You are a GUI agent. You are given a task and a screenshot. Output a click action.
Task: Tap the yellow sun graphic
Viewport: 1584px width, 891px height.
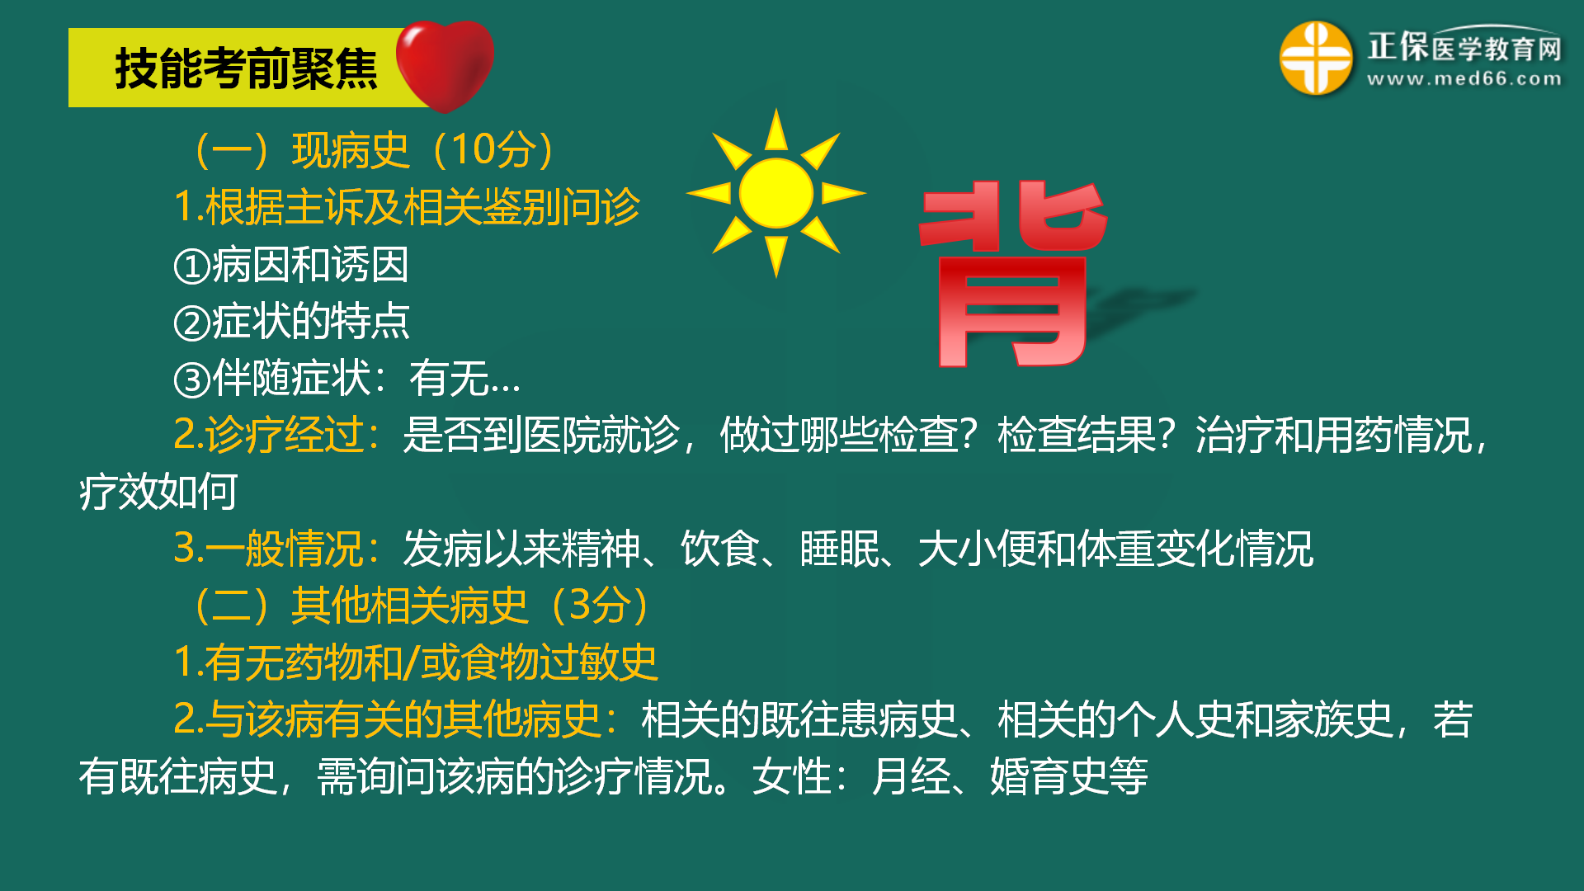[775, 193]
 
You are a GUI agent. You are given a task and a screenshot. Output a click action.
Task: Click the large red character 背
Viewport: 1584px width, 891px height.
[1013, 274]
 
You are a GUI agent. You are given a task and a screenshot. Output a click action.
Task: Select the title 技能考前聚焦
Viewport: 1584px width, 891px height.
[246, 68]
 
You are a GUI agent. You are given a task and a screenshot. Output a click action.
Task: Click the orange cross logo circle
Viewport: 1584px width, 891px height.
[1316, 58]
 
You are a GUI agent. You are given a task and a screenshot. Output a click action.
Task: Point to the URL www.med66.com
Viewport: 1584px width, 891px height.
[1464, 79]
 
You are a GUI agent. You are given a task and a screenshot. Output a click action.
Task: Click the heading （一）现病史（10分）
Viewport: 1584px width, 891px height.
[372, 150]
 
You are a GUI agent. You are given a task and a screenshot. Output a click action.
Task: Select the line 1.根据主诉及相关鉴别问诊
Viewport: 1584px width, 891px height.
[407, 206]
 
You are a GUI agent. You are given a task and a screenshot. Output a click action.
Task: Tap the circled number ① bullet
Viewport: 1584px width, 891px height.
[193, 266]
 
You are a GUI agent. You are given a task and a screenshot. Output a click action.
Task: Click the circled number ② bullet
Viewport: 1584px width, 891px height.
[193, 323]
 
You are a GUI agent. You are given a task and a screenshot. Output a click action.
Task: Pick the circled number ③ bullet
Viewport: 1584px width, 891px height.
[193, 379]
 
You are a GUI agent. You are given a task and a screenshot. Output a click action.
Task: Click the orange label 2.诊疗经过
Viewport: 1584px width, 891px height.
[277, 435]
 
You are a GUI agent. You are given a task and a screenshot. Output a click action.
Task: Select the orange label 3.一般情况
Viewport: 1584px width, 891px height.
[277, 549]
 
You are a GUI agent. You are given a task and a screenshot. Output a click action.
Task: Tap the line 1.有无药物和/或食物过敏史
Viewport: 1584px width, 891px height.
[416, 662]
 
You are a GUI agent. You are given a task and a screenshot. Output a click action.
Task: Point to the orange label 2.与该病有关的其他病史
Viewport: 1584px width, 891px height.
[396, 719]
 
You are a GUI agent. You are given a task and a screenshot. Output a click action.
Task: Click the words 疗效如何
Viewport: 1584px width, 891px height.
[158, 492]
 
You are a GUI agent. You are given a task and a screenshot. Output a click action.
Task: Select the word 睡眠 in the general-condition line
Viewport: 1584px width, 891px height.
[840, 549]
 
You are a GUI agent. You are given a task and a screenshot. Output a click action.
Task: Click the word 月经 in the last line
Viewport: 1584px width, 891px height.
[911, 776]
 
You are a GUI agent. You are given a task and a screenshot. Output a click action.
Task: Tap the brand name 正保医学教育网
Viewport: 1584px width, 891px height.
[1464, 47]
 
